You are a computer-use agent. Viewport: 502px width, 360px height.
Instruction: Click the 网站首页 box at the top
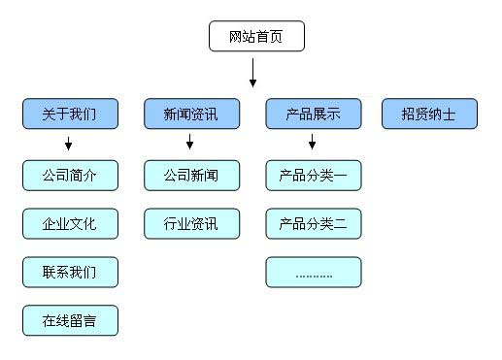(x=256, y=37)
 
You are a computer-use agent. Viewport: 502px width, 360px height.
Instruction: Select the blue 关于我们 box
(x=70, y=114)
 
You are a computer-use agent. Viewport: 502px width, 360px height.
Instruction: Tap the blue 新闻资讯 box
(x=191, y=114)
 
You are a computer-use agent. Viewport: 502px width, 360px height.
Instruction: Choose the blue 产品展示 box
(x=313, y=114)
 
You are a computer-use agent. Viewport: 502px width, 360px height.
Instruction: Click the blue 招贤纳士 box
(x=429, y=114)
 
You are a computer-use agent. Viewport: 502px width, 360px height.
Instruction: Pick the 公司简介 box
(x=70, y=176)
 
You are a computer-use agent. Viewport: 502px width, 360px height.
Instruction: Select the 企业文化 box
(x=70, y=223)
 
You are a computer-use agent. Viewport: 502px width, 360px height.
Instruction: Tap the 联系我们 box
(x=70, y=272)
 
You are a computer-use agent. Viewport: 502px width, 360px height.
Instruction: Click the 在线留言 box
(x=70, y=319)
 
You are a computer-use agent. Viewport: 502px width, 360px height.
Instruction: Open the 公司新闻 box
(x=191, y=176)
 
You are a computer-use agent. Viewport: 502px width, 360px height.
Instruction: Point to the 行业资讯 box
(x=191, y=223)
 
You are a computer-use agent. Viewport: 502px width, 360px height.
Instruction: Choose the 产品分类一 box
(x=313, y=176)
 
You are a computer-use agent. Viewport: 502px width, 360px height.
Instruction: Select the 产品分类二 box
(x=313, y=223)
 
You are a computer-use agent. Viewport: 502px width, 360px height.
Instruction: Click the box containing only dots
(x=313, y=272)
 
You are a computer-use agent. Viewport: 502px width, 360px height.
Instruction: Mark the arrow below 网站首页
(x=252, y=73)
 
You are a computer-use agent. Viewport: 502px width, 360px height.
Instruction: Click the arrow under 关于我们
(x=69, y=144)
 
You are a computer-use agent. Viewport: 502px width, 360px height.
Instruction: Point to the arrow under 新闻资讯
(x=190, y=144)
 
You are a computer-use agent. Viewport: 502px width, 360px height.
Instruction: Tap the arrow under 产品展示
(x=312, y=144)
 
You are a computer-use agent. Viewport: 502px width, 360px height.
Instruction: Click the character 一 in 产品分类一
(x=341, y=177)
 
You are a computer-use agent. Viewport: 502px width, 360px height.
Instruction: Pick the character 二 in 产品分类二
(x=341, y=224)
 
